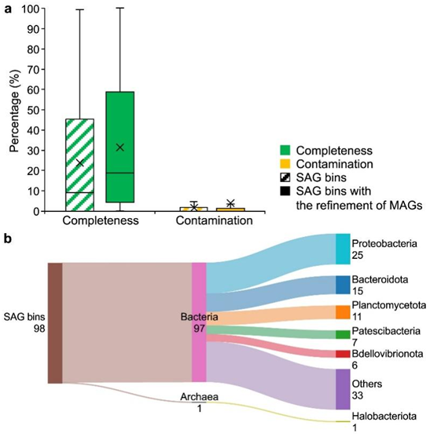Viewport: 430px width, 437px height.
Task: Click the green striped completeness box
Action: coord(79,165)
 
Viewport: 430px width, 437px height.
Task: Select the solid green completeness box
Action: coord(119,147)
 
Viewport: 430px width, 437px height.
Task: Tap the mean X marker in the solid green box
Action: coord(120,147)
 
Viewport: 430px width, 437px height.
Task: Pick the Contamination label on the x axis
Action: coord(214,220)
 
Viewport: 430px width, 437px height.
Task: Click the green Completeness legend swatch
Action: coord(285,150)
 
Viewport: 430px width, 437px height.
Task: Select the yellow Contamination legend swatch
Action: coord(285,164)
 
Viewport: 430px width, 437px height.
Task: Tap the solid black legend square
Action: coord(285,191)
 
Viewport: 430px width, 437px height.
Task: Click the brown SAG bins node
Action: coord(55,323)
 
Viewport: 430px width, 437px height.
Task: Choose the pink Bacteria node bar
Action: coord(199,322)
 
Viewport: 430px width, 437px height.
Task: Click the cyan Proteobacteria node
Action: coord(343,249)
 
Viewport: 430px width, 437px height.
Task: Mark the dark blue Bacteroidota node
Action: coord(343,285)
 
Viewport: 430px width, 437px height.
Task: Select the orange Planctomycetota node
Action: coord(343,312)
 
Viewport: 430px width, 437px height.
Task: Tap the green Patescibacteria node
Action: coord(343,334)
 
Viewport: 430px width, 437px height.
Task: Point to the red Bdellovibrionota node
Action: coord(343,354)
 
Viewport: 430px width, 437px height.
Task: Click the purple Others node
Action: coord(343,389)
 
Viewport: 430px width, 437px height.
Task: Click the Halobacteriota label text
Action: coord(384,416)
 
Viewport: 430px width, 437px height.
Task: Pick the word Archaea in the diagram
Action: coord(199,396)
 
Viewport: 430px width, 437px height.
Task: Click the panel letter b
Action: coord(8,239)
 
